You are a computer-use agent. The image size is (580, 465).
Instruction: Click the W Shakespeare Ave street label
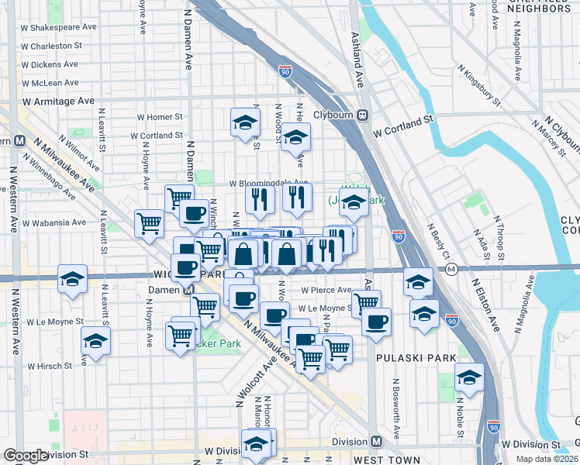pyautogui.click(x=59, y=26)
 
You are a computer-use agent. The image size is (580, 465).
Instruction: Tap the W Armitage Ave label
pyautogui.click(x=58, y=101)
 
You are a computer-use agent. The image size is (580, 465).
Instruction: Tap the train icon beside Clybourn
pyautogui.click(x=362, y=115)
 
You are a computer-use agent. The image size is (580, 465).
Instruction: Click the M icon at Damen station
pyautogui.click(x=188, y=289)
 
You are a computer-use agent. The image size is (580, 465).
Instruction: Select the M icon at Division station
pyautogui.click(x=376, y=441)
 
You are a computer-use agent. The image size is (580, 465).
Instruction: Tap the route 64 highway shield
pyautogui.click(x=451, y=269)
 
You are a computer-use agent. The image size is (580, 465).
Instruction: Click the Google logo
pyautogui.click(x=26, y=456)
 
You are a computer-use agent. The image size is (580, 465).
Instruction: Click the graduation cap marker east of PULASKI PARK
pyautogui.click(x=469, y=377)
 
